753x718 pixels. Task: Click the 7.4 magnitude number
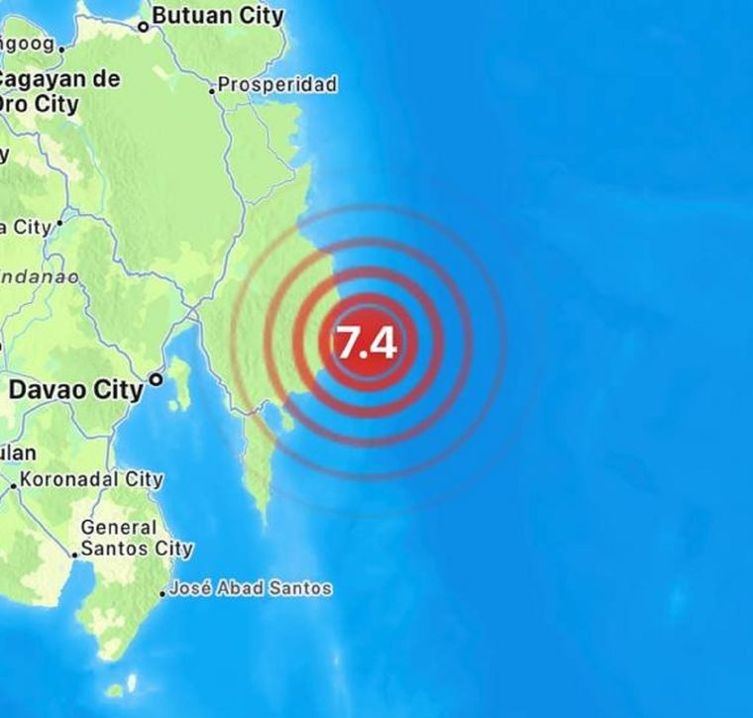pyautogui.click(x=367, y=343)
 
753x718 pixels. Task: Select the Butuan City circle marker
pyautogui.click(x=143, y=27)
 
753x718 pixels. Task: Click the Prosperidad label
pyautogui.click(x=277, y=85)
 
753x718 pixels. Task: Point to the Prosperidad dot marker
pyautogui.click(x=212, y=90)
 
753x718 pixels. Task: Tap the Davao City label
pyautogui.click(x=75, y=390)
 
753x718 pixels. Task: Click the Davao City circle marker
pyautogui.click(x=155, y=378)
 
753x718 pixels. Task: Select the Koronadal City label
pyautogui.click(x=90, y=479)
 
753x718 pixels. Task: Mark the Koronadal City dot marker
pyautogui.click(x=14, y=485)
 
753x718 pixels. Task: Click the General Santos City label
pyautogui.click(x=135, y=538)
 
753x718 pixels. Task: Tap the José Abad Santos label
pyautogui.click(x=250, y=588)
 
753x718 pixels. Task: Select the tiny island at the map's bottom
pyautogui.click(x=116, y=689)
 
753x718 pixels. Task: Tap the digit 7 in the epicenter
pyautogui.click(x=350, y=343)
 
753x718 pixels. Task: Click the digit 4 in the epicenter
pyautogui.click(x=384, y=343)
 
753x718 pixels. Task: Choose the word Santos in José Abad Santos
pyautogui.click(x=302, y=588)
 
